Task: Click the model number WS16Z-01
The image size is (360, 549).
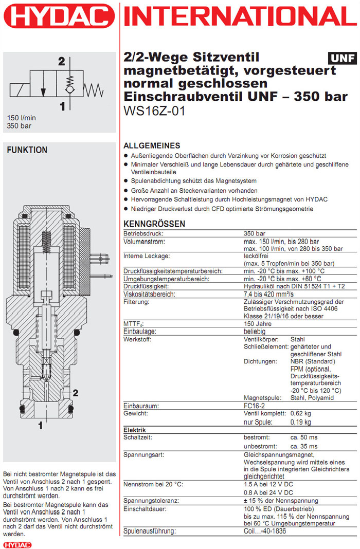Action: pyautogui.click(x=154, y=111)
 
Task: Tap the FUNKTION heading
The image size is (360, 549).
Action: pyautogui.click(x=27, y=150)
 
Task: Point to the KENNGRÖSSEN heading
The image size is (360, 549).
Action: pyautogui.click(x=154, y=224)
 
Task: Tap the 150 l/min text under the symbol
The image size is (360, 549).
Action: pyautogui.click(x=22, y=117)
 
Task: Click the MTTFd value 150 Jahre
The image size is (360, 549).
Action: pyautogui.click(x=258, y=324)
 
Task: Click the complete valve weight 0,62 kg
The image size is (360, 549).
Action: pyautogui.click(x=300, y=413)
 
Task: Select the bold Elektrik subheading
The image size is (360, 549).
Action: pyautogui.click(x=135, y=430)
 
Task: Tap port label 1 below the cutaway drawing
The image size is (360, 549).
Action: pyautogui.click(x=40, y=426)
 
